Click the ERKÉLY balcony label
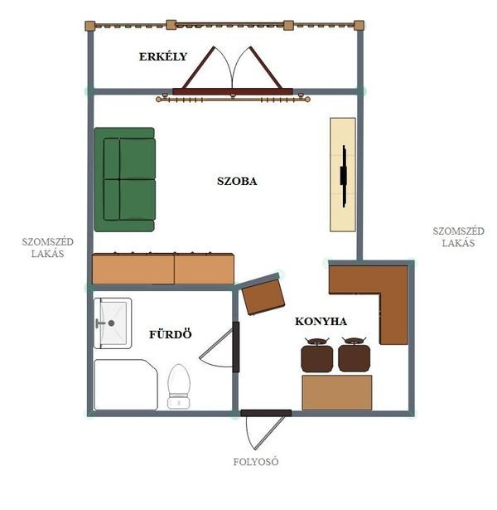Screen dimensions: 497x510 (x=163, y=56)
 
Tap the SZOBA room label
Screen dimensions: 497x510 (x=237, y=181)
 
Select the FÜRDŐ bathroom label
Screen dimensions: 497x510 (x=171, y=334)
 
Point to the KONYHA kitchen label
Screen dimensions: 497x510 (x=321, y=322)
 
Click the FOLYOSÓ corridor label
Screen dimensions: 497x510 (x=256, y=462)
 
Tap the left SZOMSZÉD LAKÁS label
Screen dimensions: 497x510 (x=48, y=247)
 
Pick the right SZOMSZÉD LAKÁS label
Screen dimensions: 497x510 (x=458, y=237)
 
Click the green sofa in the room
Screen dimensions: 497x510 (x=125, y=180)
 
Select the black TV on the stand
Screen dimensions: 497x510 (x=344, y=176)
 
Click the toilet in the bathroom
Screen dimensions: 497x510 (x=179, y=386)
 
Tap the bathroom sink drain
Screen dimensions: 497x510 (x=111, y=323)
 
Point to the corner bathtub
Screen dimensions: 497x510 (x=126, y=385)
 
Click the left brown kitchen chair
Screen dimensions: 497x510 (x=316, y=355)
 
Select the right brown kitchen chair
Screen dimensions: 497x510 (x=354, y=355)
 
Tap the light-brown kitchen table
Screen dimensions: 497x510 (x=337, y=392)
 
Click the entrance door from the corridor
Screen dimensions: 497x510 (x=266, y=413)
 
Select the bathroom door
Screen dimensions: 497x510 (x=236, y=347)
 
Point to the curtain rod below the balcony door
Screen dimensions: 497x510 (x=233, y=99)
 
